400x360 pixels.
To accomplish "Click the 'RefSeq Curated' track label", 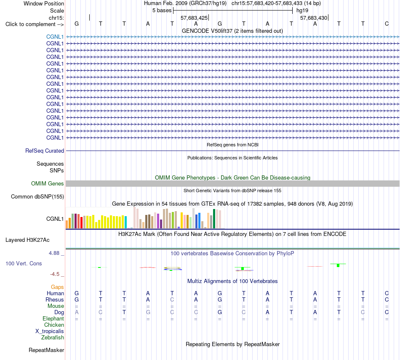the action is (45, 151).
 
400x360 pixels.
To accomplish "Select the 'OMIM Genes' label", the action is (48, 183).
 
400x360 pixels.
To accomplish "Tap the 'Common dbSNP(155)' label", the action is (37, 197).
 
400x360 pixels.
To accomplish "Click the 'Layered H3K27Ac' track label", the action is (27, 240).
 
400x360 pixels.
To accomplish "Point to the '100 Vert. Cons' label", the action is (24, 263).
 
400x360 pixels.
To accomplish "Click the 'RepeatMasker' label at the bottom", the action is (46, 350).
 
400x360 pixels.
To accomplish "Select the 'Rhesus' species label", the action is (55, 299).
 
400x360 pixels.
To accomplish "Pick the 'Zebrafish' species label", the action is (53, 338).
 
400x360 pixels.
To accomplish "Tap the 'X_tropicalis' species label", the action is (50, 331).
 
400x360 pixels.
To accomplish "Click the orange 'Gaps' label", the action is (57, 287).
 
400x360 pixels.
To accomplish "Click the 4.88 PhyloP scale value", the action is (54, 253).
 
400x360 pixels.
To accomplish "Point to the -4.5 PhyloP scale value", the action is (55, 274).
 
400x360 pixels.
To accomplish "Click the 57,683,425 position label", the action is (194, 18).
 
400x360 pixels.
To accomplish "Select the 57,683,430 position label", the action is (314, 18).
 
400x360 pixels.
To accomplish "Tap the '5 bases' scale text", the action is (162, 11).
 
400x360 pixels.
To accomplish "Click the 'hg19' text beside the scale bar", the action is (302, 11).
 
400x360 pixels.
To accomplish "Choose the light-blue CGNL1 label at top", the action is (55, 37).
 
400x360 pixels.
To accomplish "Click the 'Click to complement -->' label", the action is (35, 24).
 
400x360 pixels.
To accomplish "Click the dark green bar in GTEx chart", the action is (214, 219).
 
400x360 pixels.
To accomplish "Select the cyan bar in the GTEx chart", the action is (126, 222).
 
